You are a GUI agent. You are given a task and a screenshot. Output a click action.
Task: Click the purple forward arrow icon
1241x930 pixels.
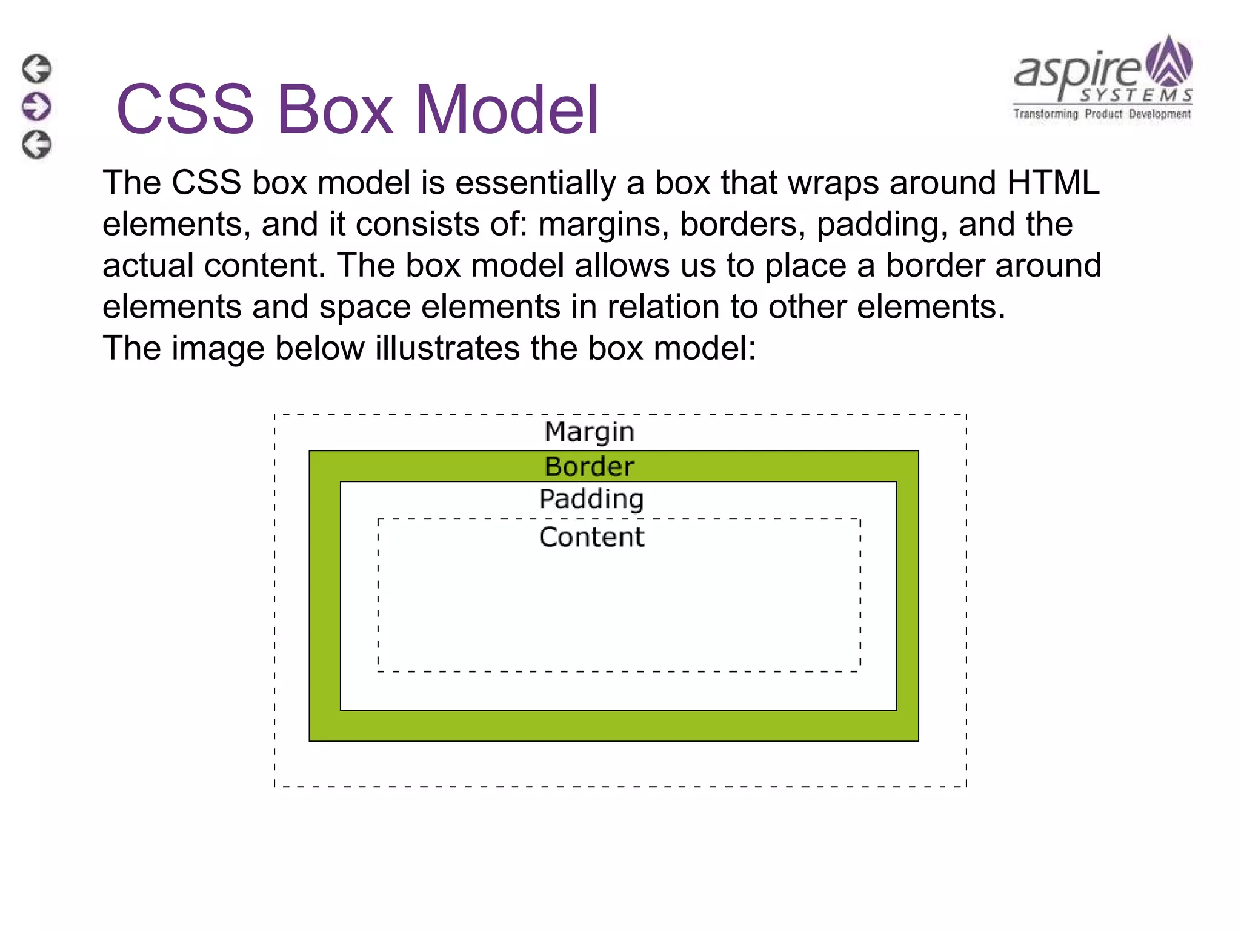36,107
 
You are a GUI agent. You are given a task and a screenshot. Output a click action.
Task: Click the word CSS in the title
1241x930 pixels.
185,110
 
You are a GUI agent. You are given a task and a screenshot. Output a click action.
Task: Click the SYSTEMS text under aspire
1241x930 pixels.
1136,96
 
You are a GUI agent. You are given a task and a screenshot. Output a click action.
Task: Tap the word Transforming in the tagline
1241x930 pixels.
1045,114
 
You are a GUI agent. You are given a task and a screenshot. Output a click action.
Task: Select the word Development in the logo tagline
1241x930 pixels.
1159,114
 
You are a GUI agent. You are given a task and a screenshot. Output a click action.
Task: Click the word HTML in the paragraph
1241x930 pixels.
1053,182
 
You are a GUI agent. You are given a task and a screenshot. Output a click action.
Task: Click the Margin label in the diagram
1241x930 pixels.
589,432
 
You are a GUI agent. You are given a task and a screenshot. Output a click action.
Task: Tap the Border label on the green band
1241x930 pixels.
589,467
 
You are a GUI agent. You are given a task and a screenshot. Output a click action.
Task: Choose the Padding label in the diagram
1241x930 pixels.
591,500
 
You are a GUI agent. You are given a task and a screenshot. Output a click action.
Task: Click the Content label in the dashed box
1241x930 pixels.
591,537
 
